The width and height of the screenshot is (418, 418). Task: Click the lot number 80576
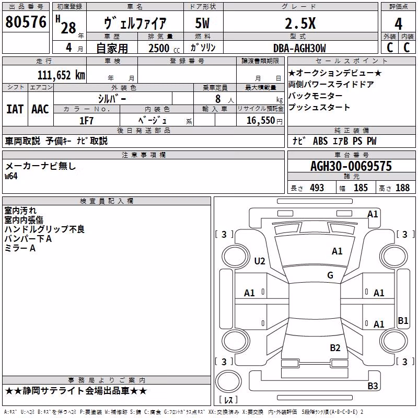click(x=26, y=21)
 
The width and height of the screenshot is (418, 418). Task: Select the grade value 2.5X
click(x=300, y=24)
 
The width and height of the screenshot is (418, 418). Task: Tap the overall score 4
click(x=398, y=24)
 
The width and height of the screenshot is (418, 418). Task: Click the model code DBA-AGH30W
click(x=299, y=48)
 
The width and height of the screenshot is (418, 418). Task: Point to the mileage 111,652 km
click(x=61, y=75)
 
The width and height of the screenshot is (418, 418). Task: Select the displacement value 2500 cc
click(x=164, y=48)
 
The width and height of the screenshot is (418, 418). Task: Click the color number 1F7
click(x=86, y=121)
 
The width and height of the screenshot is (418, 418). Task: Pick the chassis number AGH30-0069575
click(x=351, y=166)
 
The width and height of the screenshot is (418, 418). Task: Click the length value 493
click(x=317, y=188)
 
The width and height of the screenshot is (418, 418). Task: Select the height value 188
click(x=402, y=188)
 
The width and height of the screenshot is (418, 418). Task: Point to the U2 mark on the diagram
click(x=260, y=261)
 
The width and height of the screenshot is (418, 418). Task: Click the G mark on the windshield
click(x=330, y=275)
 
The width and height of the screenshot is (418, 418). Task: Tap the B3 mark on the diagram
click(x=373, y=386)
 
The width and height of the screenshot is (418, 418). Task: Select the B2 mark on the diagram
click(x=335, y=348)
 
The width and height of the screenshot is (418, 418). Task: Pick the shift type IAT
click(x=15, y=109)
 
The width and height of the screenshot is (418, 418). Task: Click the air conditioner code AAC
click(x=40, y=109)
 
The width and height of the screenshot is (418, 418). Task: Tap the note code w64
click(x=11, y=176)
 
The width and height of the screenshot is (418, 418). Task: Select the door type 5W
click(x=202, y=24)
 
